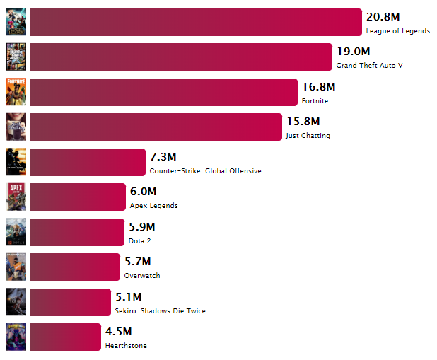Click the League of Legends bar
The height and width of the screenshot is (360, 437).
[x=196, y=22]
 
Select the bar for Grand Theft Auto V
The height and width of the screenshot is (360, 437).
[x=181, y=57]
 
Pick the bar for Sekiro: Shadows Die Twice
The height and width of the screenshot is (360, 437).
[x=71, y=302]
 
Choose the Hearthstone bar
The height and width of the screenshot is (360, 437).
[x=66, y=337]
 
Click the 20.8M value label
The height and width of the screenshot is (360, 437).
[x=383, y=16]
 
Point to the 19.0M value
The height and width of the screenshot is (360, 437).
[x=353, y=52]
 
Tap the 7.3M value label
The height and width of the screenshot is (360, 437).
[x=163, y=156]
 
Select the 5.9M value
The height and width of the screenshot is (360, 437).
[x=142, y=226]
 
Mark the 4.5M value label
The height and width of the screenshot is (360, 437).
[x=118, y=331]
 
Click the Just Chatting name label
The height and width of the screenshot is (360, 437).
[x=308, y=136]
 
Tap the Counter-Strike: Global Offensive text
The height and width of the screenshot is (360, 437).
[x=205, y=170]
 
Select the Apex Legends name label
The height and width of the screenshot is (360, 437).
[x=153, y=206]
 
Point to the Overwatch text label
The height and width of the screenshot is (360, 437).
[x=142, y=276]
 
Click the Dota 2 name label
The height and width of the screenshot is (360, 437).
[x=139, y=240]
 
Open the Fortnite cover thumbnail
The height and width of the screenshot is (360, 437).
[x=16, y=92]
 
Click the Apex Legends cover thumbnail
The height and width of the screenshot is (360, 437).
[x=16, y=197]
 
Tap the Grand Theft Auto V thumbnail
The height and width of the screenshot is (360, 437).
[x=16, y=57]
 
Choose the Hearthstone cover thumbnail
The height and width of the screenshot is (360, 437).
[x=16, y=337]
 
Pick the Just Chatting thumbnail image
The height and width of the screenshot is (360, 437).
[x=16, y=127]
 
